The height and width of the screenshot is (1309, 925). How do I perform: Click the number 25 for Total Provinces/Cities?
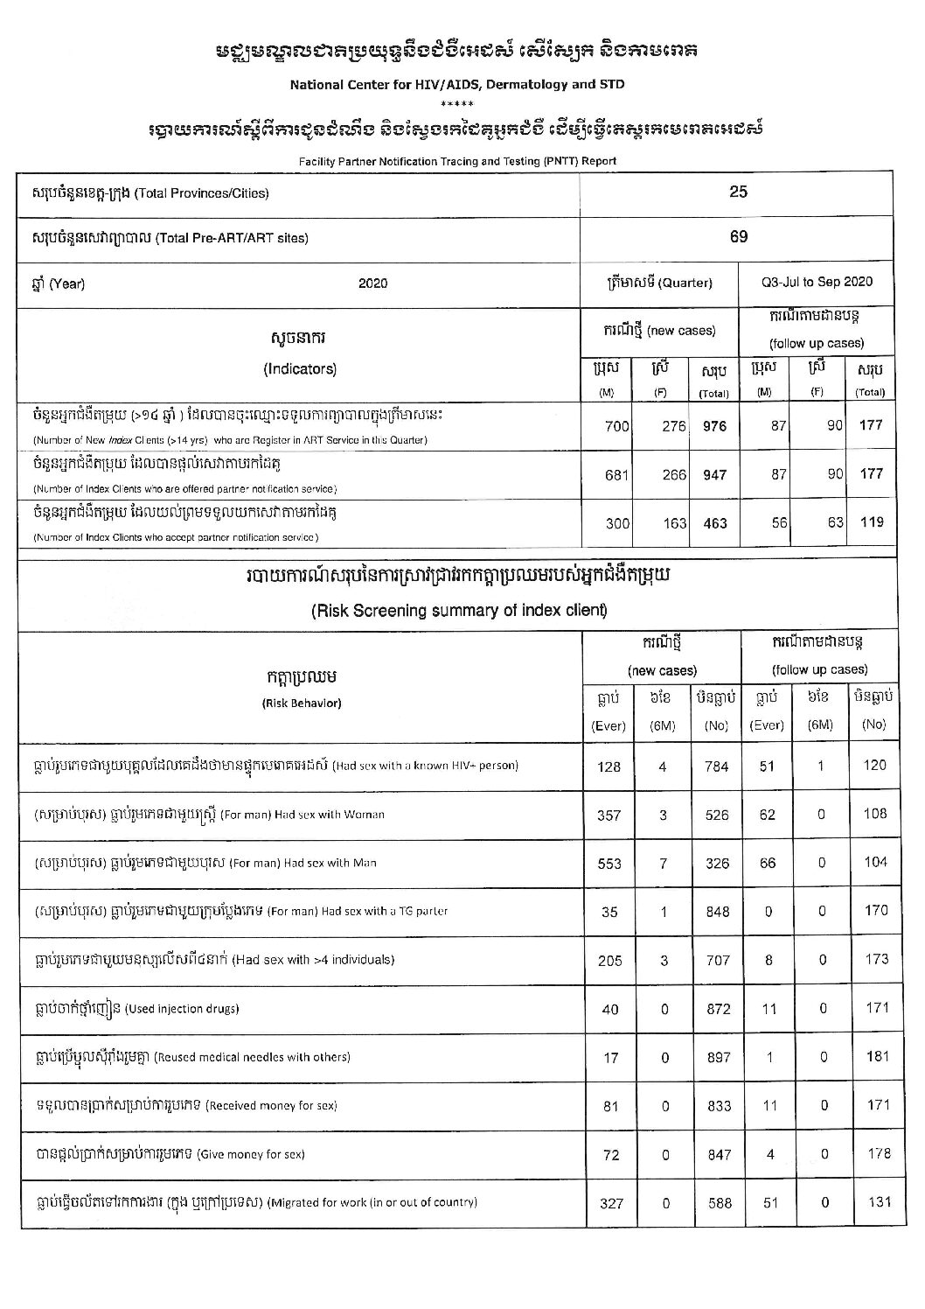738,192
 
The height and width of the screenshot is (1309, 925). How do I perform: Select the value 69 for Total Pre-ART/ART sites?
738,237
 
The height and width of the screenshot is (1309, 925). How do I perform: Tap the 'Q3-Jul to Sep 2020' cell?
817,282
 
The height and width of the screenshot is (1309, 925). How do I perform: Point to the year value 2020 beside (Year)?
372,283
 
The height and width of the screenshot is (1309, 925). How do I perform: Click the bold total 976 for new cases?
714,426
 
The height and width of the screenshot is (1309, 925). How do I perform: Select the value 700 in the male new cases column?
616,426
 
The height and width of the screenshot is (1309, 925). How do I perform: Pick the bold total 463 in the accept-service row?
714,523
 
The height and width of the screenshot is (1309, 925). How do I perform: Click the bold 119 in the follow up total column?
871,522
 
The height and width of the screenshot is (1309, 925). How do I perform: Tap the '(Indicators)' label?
300,369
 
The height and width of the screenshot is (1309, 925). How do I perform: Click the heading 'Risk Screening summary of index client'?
459,611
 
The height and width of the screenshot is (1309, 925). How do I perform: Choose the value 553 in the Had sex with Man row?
609,864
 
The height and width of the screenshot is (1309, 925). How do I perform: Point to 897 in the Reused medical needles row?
719,1058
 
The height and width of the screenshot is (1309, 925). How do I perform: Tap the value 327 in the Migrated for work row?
611,1203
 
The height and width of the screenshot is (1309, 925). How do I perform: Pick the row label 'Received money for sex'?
271,1106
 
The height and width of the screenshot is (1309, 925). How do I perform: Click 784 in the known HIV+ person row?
716,766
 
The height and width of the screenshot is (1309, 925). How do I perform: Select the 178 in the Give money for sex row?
876,1153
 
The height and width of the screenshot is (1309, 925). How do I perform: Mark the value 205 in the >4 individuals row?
609,961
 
